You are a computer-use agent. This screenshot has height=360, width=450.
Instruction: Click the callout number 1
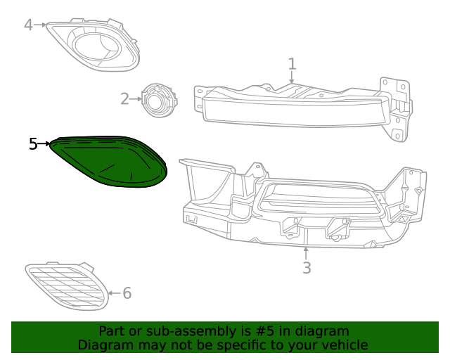[292, 65]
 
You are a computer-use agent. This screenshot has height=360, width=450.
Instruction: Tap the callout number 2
[124, 99]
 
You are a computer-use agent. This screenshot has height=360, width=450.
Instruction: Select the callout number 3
[307, 268]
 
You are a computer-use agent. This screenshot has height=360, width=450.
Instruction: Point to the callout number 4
[28, 25]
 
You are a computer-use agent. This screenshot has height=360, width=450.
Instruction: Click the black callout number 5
[33, 144]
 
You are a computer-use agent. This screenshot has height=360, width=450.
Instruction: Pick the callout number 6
[127, 293]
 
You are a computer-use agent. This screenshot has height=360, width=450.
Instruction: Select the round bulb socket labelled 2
[158, 100]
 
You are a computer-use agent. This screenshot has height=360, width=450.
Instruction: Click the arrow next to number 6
[114, 293]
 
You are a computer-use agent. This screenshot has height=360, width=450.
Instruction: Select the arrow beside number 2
[136, 99]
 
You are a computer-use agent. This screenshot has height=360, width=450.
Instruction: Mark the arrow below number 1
[292, 79]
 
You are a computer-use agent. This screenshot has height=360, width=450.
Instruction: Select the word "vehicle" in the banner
[344, 345]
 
